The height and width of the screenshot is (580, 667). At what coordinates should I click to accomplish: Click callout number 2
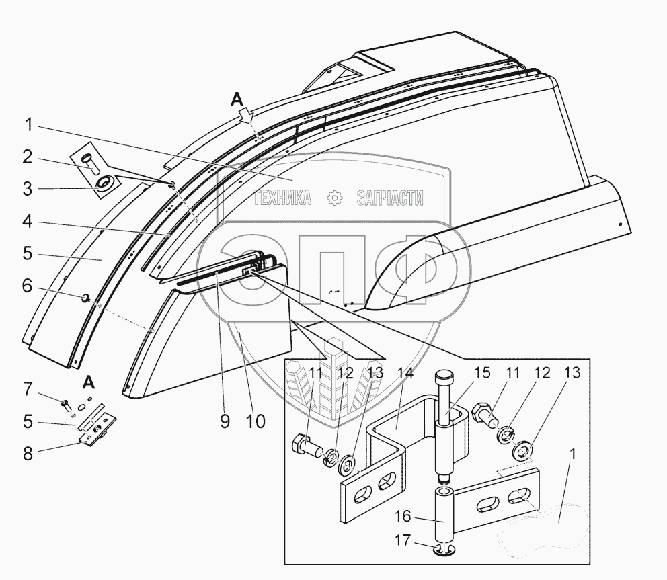27,157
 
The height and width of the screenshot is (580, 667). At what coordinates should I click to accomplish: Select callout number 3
27,189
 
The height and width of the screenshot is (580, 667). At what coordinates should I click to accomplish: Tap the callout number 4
27,221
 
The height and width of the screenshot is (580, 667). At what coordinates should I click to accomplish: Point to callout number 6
27,286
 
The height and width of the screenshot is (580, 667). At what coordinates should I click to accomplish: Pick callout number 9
225,421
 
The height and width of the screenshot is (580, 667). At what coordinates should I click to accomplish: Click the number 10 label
255,421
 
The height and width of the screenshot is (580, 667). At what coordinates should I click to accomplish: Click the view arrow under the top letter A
247,116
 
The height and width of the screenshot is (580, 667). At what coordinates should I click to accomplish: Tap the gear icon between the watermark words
334,198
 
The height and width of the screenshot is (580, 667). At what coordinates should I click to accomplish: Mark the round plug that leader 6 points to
87,297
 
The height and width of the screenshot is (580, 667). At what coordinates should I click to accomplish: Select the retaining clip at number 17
444,552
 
